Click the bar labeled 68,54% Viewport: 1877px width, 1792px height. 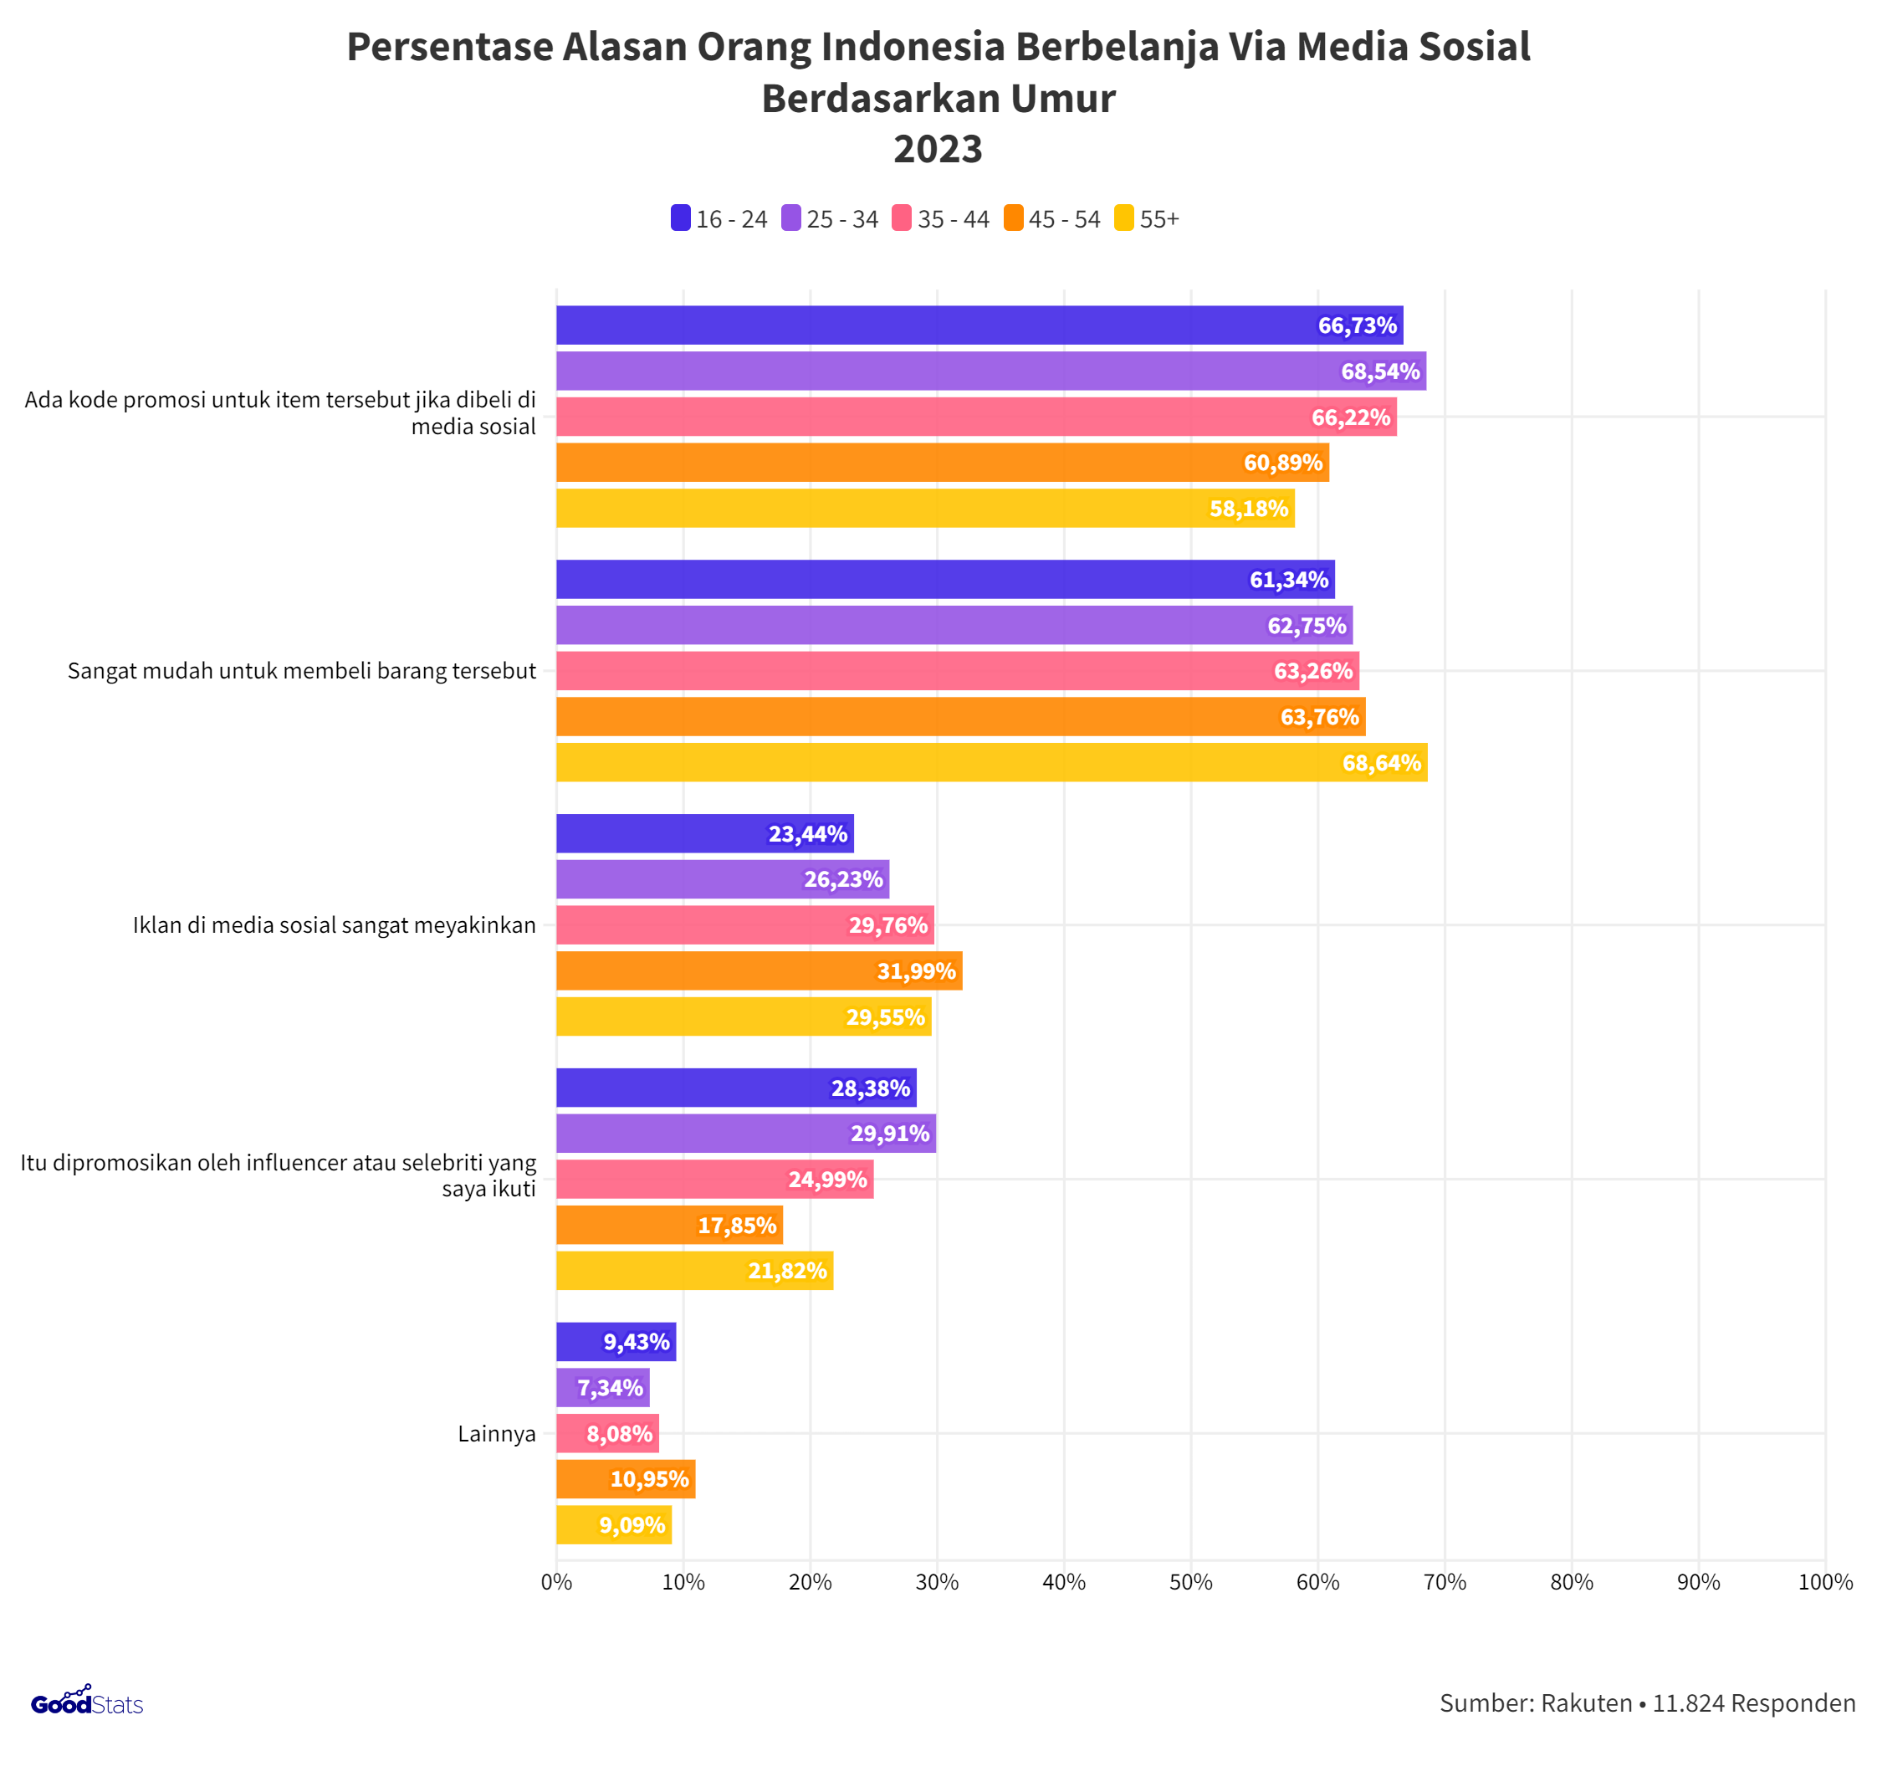pos(990,371)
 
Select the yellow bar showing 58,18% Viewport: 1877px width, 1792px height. pos(923,508)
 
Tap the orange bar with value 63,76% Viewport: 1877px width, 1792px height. pos(959,716)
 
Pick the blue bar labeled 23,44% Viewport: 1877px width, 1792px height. pos(704,833)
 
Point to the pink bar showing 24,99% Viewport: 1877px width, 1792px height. pos(713,1179)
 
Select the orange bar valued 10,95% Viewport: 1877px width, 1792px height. pos(625,1478)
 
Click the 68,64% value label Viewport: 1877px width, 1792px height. pos(1380,762)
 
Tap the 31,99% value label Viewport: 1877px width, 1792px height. pos(915,970)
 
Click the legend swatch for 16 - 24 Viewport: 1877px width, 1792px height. pos(680,218)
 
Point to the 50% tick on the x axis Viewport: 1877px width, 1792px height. pos(1190,1582)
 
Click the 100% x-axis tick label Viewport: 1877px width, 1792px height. pos(1824,1582)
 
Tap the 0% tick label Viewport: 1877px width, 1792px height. pos(556,1582)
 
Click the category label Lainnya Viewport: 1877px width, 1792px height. pos(496,1434)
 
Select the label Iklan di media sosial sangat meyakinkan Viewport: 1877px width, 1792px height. pos(334,924)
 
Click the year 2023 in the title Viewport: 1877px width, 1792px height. pos(937,149)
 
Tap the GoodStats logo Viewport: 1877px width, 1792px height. pos(86,1702)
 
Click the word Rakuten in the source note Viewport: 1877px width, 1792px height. pos(1586,1702)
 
